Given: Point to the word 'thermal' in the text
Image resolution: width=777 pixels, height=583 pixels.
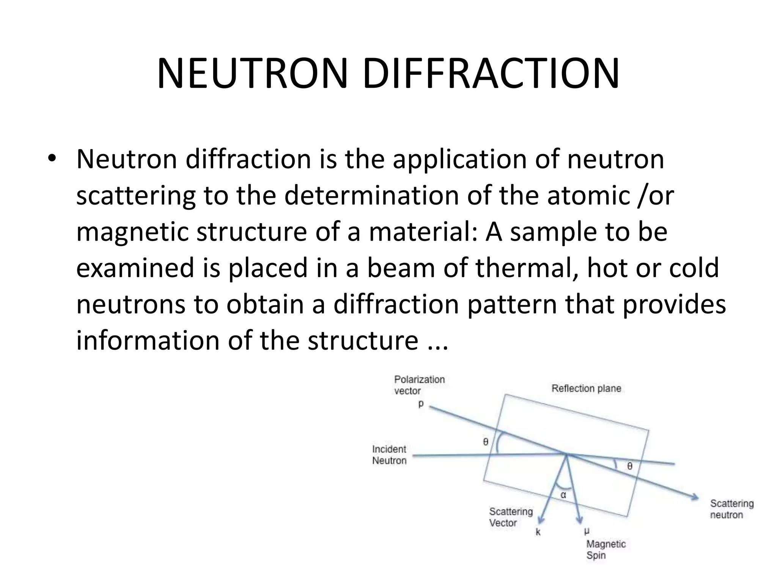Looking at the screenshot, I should pyautogui.click(x=527, y=268).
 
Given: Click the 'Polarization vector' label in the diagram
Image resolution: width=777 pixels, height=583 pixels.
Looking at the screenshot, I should pyautogui.click(x=419, y=385).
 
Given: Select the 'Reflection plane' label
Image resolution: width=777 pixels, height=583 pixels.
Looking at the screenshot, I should pyautogui.click(x=586, y=388).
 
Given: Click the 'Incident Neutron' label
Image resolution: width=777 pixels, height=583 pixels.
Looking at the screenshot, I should pyautogui.click(x=389, y=455).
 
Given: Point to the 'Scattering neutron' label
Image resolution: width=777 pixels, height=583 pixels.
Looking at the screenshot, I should pyautogui.click(x=732, y=509).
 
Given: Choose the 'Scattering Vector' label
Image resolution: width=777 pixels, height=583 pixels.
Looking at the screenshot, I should pyautogui.click(x=511, y=517).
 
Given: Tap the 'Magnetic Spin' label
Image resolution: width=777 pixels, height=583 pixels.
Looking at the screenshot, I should pyautogui.click(x=606, y=549).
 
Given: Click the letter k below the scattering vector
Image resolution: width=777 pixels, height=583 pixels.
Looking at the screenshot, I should pyautogui.click(x=538, y=532).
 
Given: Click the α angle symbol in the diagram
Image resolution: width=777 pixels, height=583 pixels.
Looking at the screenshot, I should pyautogui.click(x=563, y=495).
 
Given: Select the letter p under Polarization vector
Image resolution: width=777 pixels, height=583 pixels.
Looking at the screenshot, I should pyautogui.click(x=421, y=404).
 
